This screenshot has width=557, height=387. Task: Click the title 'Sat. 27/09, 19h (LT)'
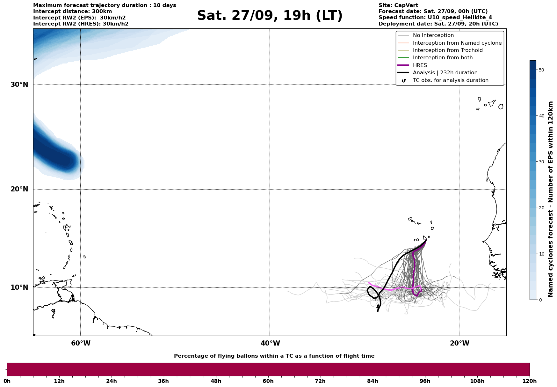(x=270, y=16)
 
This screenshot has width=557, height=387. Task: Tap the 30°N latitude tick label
(x=19, y=85)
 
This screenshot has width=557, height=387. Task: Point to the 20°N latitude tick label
(x=19, y=189)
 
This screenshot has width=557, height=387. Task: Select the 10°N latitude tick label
(x=19, y=287)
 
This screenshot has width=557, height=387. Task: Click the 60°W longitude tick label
(x=81, y=343)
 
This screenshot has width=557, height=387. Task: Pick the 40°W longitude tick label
(x=270, y=343)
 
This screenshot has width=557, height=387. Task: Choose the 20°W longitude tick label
(x=459, y=343)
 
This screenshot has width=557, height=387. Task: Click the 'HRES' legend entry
(x=420, y=65)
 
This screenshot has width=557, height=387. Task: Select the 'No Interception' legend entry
(x=433, y=35)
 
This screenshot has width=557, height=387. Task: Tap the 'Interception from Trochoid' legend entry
(x=447, y=50)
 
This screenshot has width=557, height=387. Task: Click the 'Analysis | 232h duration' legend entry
(x=445, y=73)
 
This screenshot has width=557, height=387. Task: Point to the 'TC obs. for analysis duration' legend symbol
(x=404, y=81)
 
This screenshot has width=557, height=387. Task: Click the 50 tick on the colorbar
(x=541, y=70)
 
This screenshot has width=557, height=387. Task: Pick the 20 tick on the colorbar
(x=541, y=208)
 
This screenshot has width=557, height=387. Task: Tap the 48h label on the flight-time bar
(x=216, y=381)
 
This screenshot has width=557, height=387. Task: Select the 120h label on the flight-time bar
(x=529, y=381)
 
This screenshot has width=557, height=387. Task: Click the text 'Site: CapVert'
(x=398, y=5)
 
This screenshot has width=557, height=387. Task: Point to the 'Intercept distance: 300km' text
(x=72, y=11)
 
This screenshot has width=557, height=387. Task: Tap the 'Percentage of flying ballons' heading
(x=274, y=356)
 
